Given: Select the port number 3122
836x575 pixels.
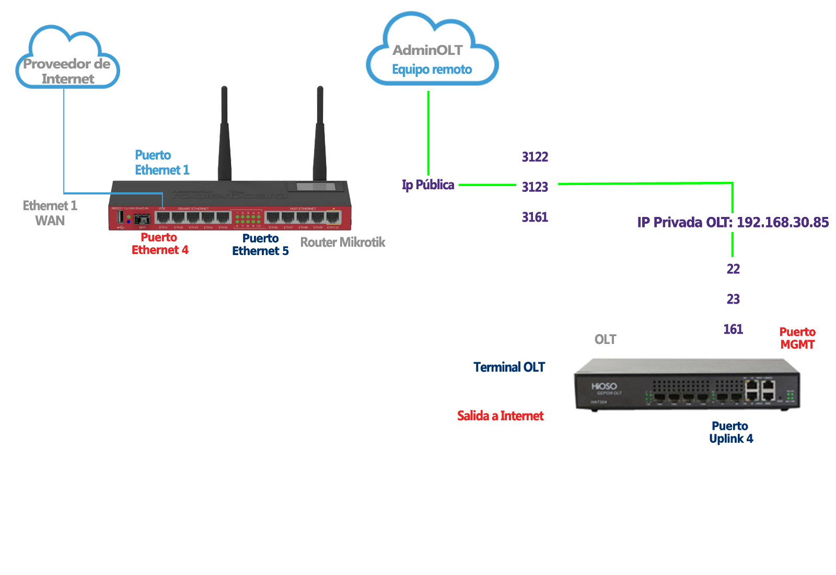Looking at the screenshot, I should point(535,157).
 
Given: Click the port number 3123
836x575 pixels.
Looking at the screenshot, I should point(535,187).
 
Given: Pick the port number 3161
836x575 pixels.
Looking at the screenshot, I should point(535,217).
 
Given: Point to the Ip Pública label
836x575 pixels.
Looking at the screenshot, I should point(428,185).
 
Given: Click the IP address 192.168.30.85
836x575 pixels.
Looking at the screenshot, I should point(782,222).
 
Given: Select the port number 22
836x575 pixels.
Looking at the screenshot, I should point(733,269).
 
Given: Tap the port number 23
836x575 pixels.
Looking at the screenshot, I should point(733,299).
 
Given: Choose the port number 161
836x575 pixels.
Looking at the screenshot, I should point(733,329).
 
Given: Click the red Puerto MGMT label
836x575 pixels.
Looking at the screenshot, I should point(797,338).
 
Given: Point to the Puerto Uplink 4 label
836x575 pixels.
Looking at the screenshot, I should point(730,432).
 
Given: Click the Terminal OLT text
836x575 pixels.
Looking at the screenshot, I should point(509,367).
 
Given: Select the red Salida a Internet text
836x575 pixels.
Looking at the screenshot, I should point(500,416).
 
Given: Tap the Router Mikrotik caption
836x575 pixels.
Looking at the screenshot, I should point(342,242).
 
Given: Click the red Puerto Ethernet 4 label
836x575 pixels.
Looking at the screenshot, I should point(159,244).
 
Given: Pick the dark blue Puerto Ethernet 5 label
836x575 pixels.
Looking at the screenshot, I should point(260,245).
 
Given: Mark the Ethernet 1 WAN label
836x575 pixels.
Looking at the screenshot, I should point(50,213).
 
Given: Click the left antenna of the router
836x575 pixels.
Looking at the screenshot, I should point(224,136).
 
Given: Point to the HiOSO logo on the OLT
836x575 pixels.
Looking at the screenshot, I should point(604,386).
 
